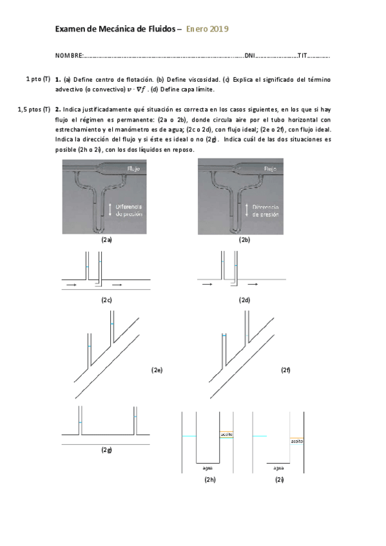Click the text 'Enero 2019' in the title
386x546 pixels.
coord(207,29)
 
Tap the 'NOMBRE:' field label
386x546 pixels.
coord(70,56)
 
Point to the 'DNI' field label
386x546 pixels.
coord(250,56)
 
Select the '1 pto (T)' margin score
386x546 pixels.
coord(37,79)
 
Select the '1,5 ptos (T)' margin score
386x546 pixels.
coord(34,109)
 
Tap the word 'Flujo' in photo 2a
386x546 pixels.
coord(134,169)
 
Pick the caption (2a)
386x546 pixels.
coord(107,240)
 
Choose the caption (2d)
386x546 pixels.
coord(244,300)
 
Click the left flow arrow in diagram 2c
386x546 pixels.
coord(72,283)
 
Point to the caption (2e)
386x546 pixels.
coord(157,370)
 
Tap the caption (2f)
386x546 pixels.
coord(286,370)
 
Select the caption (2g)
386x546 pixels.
coord(106,449)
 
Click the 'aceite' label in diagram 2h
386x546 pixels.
coord(226,434)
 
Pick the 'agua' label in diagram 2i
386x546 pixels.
coord(278,468)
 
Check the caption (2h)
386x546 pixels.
coord(209,480)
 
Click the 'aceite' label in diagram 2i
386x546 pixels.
coord(296,441)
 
